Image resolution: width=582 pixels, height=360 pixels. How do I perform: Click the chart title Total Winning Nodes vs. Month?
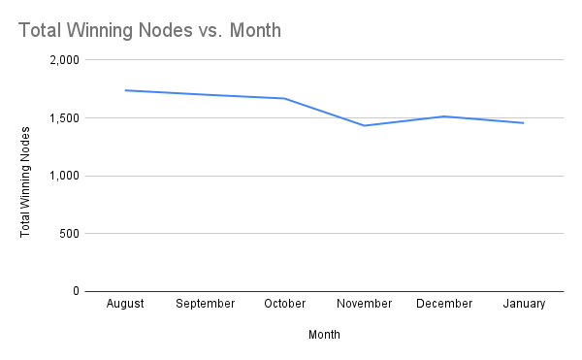point(149,30)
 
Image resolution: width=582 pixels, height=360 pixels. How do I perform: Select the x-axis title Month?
point(324,335)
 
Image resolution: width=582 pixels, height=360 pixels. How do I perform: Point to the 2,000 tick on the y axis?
point(64,60)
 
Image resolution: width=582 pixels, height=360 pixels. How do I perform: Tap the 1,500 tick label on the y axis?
point(64,118)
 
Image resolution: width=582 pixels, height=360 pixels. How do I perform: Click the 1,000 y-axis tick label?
point(64,176)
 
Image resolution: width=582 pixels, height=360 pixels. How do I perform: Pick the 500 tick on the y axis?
point(70,234)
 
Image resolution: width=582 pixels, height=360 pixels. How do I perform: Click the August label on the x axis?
point(125,304)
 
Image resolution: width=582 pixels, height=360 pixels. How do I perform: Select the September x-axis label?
point(205,304)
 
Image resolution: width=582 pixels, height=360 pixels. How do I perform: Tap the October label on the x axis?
point(284,304)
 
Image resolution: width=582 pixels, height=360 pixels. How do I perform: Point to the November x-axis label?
point(365,304)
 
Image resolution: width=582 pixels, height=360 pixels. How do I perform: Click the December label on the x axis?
point(444,304)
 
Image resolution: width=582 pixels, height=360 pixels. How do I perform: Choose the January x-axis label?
point(524,304)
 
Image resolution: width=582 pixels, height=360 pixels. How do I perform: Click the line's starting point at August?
point(125,90)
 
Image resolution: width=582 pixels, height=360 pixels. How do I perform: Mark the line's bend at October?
point(284,98)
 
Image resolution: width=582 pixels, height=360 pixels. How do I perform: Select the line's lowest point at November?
point(365,125)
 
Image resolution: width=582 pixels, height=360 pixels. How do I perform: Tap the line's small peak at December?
point(444,116)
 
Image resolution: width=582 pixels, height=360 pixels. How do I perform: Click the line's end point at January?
point(524,123)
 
